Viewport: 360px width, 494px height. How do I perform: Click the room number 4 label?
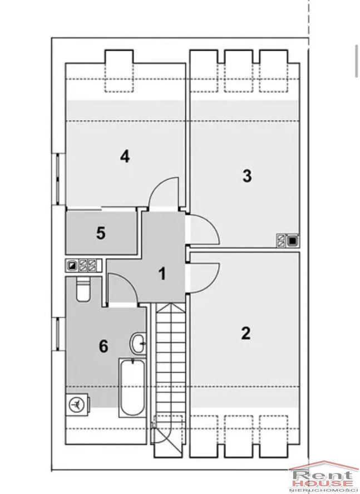coord(125,156)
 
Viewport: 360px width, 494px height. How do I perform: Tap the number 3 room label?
coord(247,176)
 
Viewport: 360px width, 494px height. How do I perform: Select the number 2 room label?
coord(246,333)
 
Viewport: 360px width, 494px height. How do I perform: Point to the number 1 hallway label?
coord(162,273)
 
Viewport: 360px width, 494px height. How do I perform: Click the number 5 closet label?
coord(101,233)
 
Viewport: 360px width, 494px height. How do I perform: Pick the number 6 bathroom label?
coord(103,346)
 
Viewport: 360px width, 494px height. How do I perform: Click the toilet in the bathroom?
coord(83,289)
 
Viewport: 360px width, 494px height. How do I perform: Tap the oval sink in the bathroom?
coord(138,343)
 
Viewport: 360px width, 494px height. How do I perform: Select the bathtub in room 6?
coord(132,387)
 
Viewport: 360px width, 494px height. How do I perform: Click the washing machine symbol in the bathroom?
coord(77,404)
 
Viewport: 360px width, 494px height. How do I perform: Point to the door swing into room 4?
coord(164,192)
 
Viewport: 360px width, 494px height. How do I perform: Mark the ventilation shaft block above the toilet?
coord(83,266)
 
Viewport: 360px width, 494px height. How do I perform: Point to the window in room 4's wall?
coord(58,179)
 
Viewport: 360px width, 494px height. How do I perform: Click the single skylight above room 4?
coord(119,71)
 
